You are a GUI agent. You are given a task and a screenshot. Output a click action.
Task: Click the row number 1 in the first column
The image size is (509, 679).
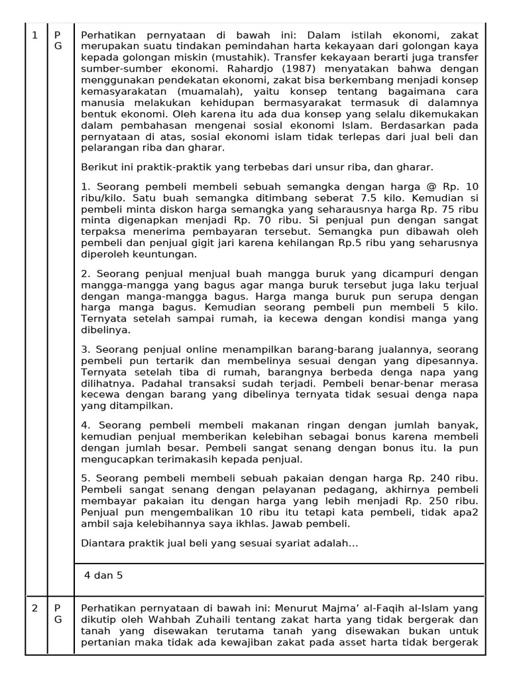coord(34,35)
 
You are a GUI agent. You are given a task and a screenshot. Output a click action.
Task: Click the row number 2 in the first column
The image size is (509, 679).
coord(34,608)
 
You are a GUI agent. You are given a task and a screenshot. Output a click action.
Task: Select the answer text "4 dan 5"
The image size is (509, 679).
coord(103,575)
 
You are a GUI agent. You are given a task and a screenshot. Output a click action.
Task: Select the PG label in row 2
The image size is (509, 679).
coord(57,613)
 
